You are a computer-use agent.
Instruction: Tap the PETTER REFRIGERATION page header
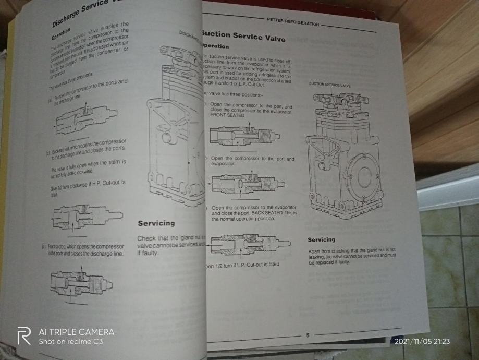[292, 24]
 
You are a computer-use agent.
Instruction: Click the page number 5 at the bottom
[307, 335]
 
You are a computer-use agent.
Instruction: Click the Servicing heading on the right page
[321, 239]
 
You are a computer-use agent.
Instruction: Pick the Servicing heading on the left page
[156, 223]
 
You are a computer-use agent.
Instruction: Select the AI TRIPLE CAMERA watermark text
[76, 332]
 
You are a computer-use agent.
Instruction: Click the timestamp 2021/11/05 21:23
[423, 342]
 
